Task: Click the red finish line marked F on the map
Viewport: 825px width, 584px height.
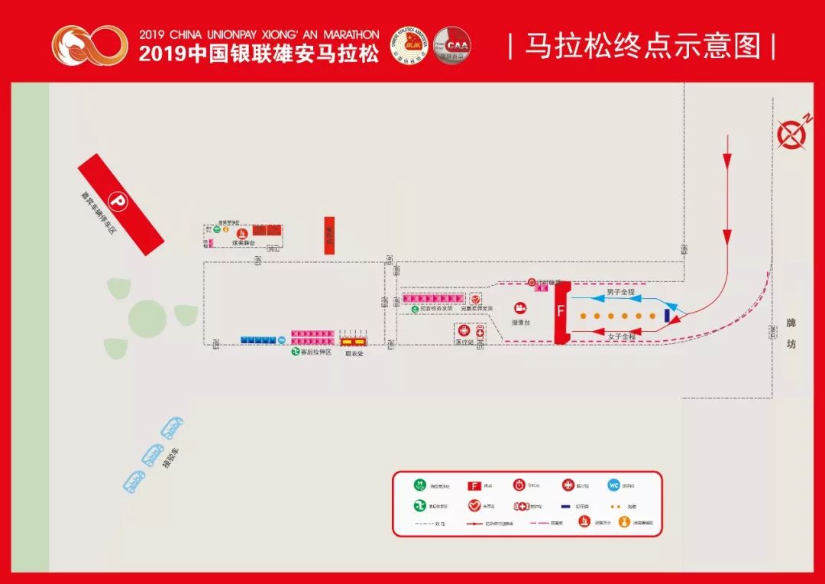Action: [562, 312]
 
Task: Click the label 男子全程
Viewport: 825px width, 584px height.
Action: [620, 292]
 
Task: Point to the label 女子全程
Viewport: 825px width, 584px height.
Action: [620, 336]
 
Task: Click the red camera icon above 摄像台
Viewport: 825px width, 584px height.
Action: [521, 308]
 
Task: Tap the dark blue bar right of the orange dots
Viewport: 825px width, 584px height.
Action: [668, 314]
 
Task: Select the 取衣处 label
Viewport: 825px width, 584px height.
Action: [353, 354]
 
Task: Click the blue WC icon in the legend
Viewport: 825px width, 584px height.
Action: [613, 485]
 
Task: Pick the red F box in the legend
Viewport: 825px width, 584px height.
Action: [474, 485]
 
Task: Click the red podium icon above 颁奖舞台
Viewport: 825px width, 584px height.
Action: [242, 232]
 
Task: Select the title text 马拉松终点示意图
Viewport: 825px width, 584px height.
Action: [642, 46]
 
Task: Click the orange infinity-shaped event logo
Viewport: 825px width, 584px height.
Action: [90, 45]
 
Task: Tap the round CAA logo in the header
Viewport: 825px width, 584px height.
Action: [452, 45]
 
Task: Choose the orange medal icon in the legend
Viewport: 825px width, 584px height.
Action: [623, 522]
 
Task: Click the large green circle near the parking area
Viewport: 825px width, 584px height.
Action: [147, 316]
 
